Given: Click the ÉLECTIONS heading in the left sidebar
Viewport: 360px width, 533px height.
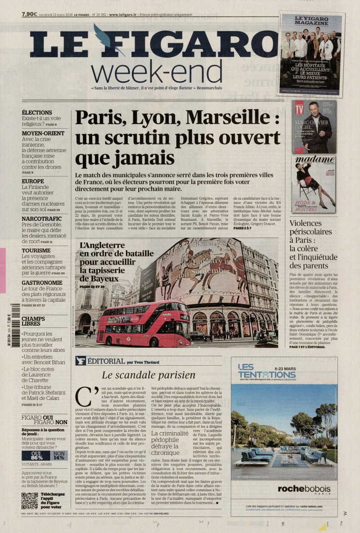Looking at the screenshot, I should (x=37, y=112).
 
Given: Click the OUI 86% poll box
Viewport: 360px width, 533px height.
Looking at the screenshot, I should (x=36, y=455).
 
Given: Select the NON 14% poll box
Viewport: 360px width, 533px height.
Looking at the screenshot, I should (x=59, y=455).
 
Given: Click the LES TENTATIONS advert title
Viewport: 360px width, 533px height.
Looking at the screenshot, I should (x=260, y=372).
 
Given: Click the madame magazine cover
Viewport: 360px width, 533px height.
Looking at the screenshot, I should (x=313, y=184).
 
